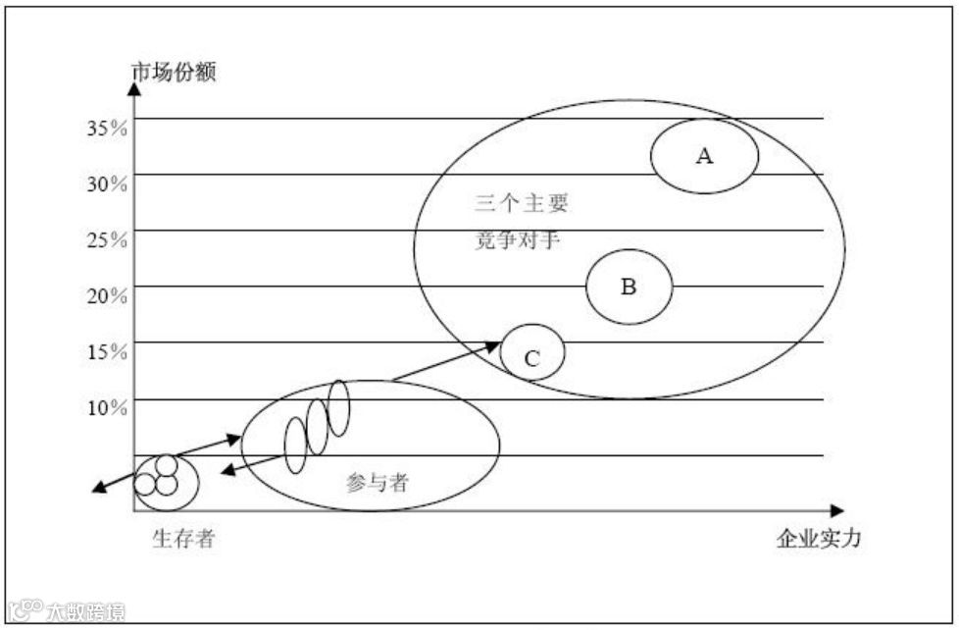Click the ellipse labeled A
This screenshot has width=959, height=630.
(x=704, y=155)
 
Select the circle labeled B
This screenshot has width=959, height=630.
(x=630, y=287)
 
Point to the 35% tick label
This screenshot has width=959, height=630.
(x=106, y=128)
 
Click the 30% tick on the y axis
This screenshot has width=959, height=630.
(x=106, y=184)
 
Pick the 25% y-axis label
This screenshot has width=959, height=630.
(x=106, y=239)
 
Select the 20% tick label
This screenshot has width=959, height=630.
(x=106, y=295)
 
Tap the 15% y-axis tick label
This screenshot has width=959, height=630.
(x=106, y=351)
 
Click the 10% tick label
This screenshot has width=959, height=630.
(x=106, y=407)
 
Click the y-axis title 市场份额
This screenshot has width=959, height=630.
(x=174, y=73)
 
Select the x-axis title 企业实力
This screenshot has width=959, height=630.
(x=819, y=539)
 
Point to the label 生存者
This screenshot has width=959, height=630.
(x=183, y=539)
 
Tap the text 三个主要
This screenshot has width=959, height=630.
(x=521, y=205)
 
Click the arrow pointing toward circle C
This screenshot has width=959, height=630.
(x=446, y=361)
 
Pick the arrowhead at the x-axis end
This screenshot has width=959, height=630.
(x=835, y=511)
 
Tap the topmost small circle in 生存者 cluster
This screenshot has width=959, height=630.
(x=167, y=464)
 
